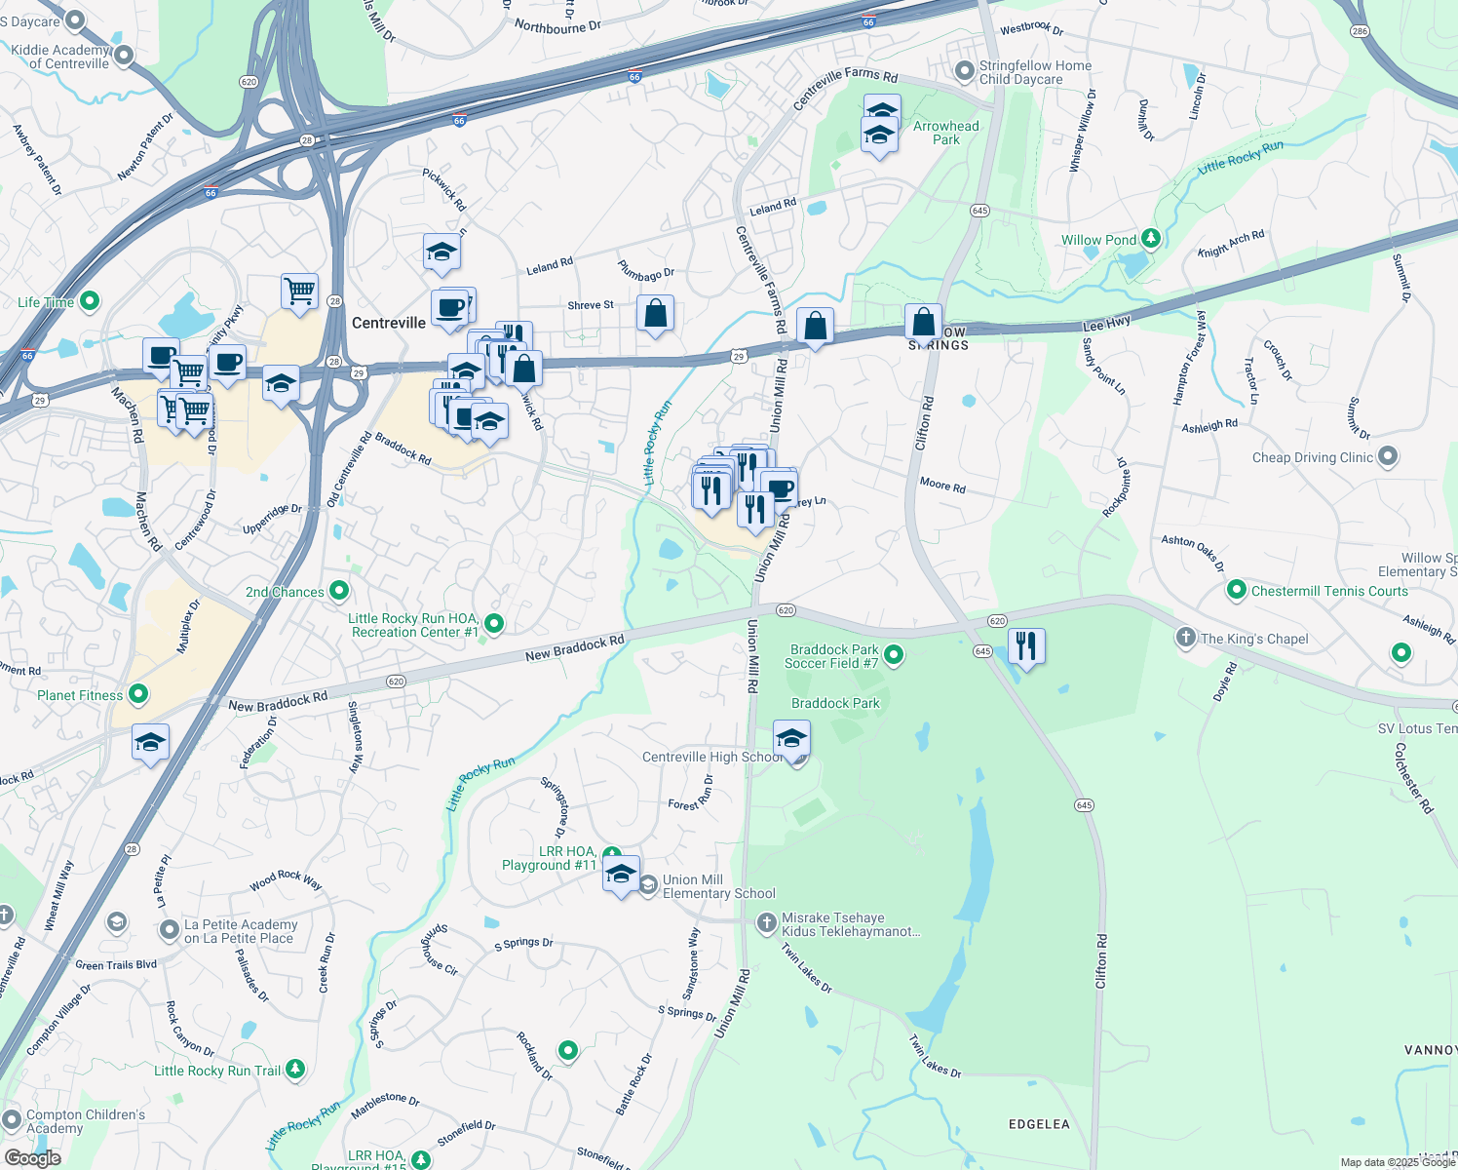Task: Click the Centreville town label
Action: point(389,323)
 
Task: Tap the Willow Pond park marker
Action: point(1151,238)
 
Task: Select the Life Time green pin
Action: point(90,301)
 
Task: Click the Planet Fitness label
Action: point(80,695)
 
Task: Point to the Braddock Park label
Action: point(835,703)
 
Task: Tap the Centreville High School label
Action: point(712,757)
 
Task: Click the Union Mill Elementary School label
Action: point(719,886)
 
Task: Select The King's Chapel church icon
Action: point(1185,638)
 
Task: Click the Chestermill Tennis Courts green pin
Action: point(1237,590)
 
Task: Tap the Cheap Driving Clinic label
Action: point(1313,457)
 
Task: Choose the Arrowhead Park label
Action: point(945,133)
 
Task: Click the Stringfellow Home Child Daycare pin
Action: point(964,70)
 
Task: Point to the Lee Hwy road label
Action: point(1106,324)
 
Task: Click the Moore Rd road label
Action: point(942,485)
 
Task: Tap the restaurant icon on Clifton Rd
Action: point(1026,645)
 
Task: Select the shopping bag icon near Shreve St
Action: point(656,314)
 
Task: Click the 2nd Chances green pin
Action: point(339,590)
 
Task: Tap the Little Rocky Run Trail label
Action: point(217,1071)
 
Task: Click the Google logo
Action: point(33,1157)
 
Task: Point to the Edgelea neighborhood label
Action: point(1039,1124)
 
